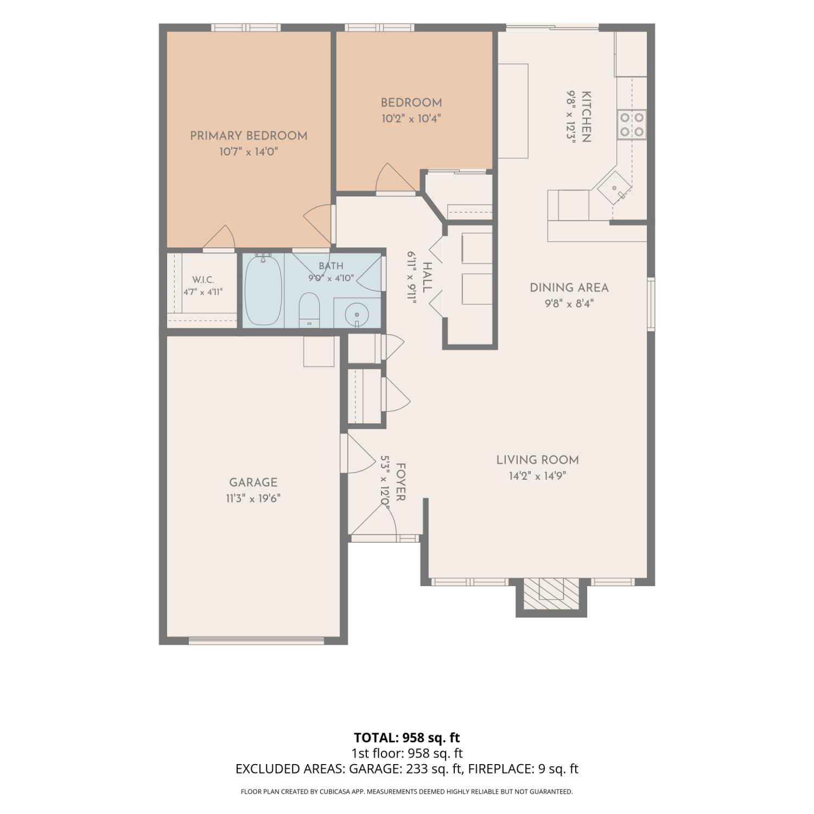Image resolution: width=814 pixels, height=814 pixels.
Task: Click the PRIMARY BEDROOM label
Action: (x=249, y=136)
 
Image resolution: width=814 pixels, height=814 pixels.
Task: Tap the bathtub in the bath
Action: (x=263, y=290)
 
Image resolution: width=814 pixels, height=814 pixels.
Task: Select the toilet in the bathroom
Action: (x=309, y=310)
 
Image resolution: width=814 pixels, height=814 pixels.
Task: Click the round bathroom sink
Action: (x=357, y=314)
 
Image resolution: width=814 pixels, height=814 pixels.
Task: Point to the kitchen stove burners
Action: (x=632, y=124)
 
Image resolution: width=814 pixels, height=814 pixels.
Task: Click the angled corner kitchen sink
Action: (x=615, y=188)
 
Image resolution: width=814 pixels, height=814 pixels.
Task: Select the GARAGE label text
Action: (x=253, y=482)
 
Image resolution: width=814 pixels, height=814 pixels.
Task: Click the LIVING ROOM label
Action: (x=538, y=460)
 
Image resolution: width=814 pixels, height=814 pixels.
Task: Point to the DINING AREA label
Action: (x=569, y=288)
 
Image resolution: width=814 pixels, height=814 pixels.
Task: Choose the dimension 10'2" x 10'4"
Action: (x=411, y=118)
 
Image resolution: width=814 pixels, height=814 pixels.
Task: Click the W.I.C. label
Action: (x=203, y=280)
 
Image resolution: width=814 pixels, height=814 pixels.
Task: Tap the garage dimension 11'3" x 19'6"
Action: (x=253, y=498)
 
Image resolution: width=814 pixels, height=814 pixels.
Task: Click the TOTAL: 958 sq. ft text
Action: (x=407, y=738)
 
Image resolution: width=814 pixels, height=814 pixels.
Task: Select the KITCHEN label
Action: (x=586, y=117)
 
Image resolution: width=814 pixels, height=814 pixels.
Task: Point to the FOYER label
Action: (x=401, y=482)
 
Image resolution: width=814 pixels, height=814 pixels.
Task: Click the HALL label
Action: (x=427, y=277)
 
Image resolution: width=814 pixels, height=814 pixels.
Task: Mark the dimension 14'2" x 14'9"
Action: (x=538, y=476)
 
